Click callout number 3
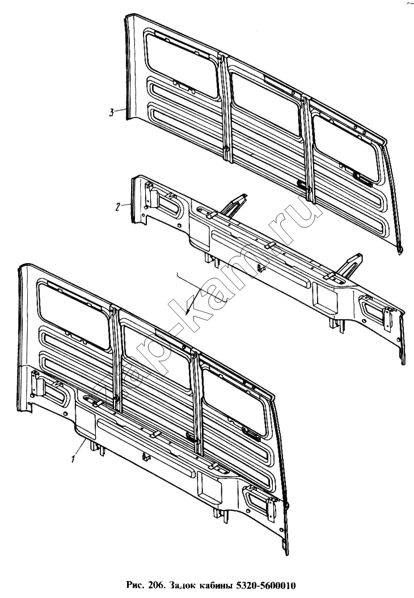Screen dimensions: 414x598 pos(111,112)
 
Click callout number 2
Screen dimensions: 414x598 pos(118,207)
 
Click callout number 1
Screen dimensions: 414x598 pos(73,459)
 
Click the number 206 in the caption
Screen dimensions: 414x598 pos(155,585)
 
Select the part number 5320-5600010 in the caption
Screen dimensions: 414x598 pos(267,585)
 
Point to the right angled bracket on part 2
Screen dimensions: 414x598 pos(349,265)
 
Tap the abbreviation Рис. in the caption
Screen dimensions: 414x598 pos(135,586)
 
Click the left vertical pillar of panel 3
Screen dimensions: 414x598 pos(226,108)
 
